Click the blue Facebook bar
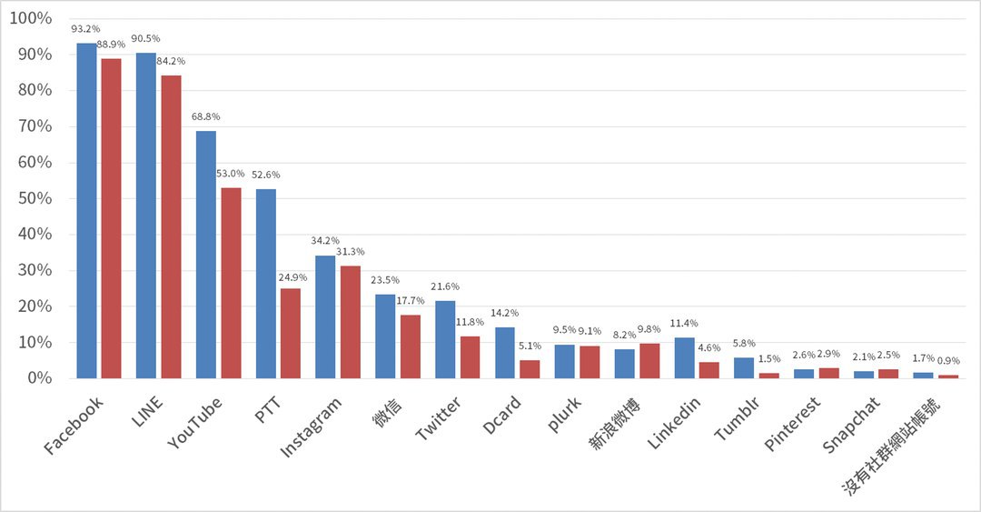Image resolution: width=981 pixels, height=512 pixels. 86,210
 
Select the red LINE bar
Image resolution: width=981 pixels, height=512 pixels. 171,226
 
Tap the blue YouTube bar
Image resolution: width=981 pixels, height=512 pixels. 206,255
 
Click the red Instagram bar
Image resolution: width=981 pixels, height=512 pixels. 350,322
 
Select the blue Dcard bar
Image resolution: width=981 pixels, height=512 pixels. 505,352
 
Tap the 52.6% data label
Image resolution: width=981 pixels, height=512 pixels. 266,175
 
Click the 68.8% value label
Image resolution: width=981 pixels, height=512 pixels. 206,117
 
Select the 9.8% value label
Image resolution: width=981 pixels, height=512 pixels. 650,330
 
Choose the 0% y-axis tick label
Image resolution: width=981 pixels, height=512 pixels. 40,377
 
